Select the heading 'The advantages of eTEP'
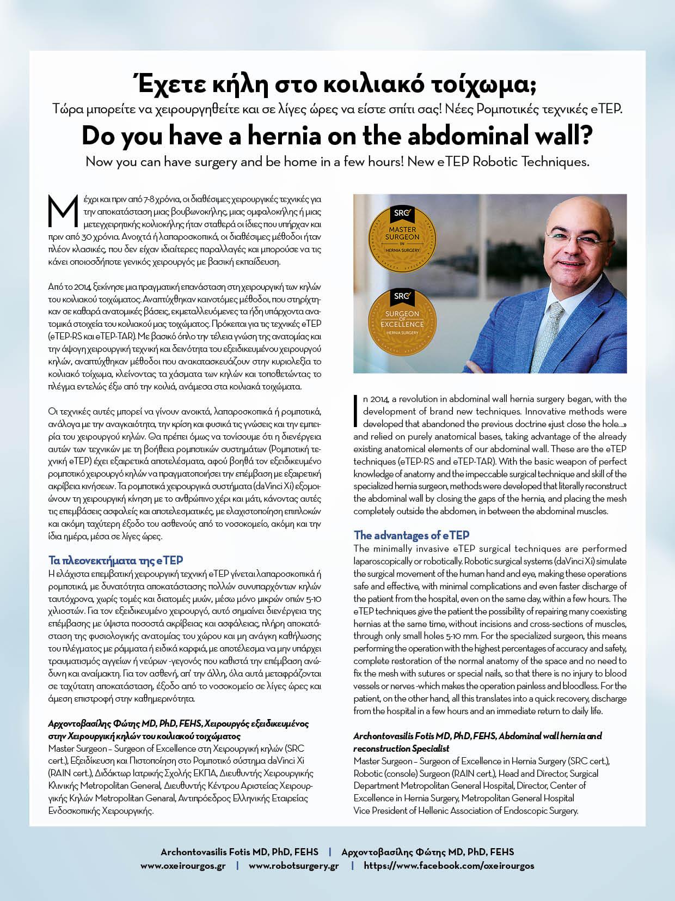click(412, 535)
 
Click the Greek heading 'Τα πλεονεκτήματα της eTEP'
click(115, 560)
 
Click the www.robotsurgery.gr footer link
click(294, 866)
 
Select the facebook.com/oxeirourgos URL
click(449, 866)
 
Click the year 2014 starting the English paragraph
click(381, 399)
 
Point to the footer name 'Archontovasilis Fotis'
click(207, 852)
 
